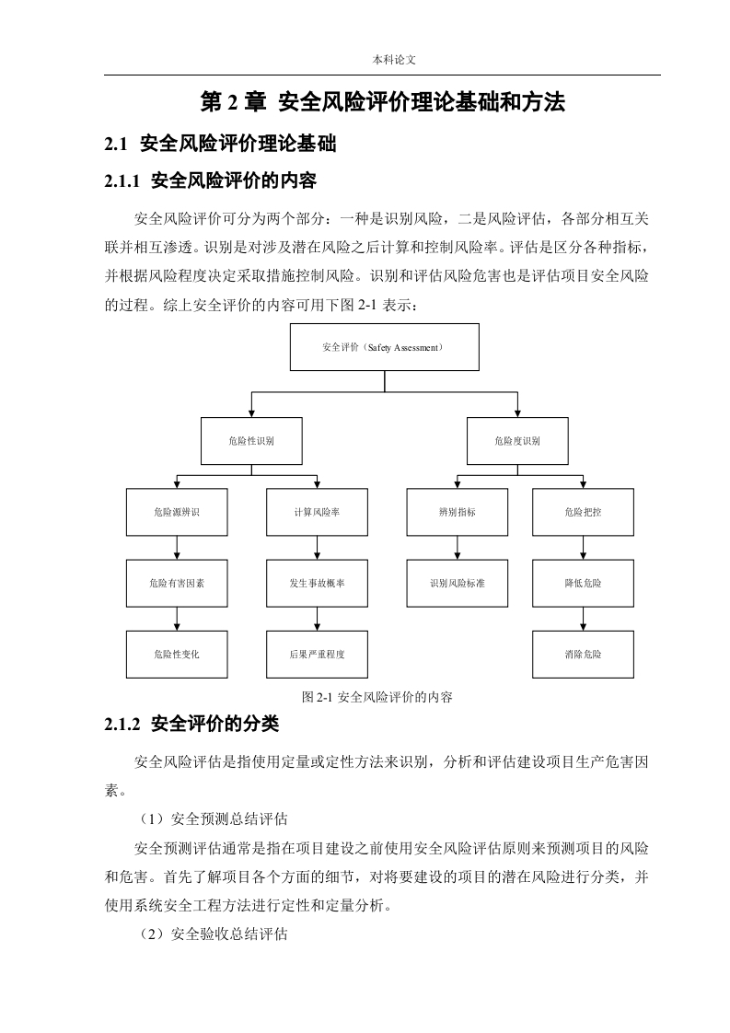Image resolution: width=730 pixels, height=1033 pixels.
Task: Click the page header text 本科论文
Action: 394,60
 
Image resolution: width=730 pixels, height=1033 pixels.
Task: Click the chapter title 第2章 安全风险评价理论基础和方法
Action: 382,102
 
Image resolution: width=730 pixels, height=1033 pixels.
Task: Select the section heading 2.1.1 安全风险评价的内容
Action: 210,180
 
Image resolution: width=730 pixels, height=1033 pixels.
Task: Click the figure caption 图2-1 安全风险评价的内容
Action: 377,697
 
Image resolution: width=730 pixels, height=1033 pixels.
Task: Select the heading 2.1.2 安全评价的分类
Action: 191,724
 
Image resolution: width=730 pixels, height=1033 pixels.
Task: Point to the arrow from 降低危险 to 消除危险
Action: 583,619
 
